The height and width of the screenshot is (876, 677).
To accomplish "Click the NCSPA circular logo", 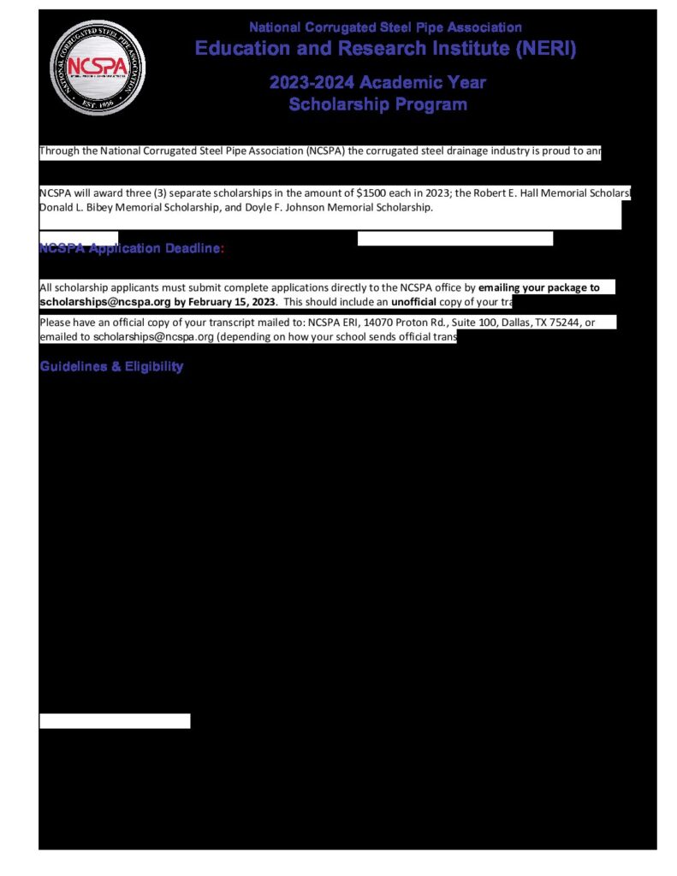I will [x=92, y=68].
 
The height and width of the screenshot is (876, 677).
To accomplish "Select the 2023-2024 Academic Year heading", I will [x=377, y=83].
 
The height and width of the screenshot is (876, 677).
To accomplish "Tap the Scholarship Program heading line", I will [x=377, y=104].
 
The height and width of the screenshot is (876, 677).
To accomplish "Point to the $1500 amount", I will [x=370, y=193].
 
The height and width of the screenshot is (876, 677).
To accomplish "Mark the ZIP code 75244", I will [x=564, y=323].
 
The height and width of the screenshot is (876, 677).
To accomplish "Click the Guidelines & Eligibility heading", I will [x=111, y=367].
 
